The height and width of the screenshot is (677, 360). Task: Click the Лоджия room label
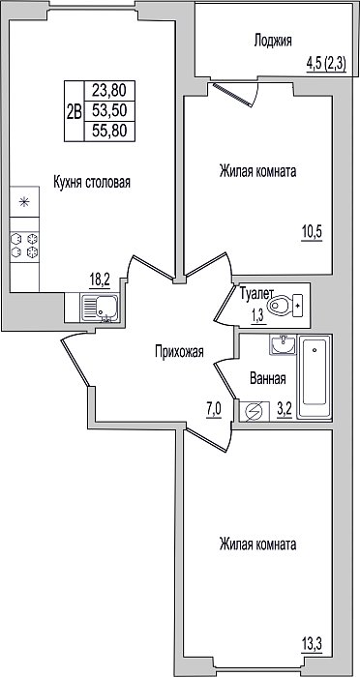[x=273, y=41]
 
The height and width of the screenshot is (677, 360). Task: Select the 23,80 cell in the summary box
[x=109, y=91]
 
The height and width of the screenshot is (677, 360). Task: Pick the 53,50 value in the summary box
[x=109, y=111]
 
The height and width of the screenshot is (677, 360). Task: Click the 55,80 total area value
[x=109, y=131]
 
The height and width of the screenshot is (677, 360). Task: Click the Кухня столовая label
[x=92, y=182]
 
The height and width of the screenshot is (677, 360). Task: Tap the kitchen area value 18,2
[x=100, y=280]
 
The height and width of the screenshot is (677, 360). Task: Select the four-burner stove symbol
[x=24, y=246]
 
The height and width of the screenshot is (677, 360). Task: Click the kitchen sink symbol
[x=100, y=307]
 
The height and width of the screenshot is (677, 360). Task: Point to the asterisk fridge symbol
[x=24, y=201]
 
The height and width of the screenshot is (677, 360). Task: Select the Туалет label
[x=256, y=294]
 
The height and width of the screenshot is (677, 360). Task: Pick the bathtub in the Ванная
[x=315, y=378]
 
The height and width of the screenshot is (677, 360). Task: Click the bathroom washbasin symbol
[x=284, y=344]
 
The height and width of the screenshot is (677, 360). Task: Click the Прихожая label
[x=179, y=353]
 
